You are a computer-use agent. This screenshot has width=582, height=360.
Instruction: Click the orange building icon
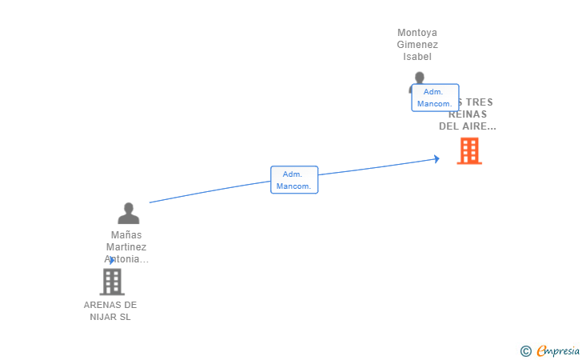pyautogui.click(x=469, y=150)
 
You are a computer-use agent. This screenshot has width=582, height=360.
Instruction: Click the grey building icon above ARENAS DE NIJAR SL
pyautogui.click(x=112, y=282)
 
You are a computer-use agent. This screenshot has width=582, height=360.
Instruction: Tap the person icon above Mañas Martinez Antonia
pyautogui.click(x=128, y=214)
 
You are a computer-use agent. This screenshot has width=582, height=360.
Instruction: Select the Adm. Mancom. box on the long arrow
pyautogui.click(x=294, y=179)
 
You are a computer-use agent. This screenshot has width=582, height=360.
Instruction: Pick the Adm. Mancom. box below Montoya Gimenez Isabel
pyautogui.click(x=435, y=98)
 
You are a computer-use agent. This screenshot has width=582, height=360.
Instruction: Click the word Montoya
pyautogui.click(x=417, y=33)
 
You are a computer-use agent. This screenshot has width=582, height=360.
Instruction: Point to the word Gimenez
pyautogui.click(x=417, y=45)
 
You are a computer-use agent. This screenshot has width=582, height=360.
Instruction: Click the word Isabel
pyautogui.click(x=417, y=57)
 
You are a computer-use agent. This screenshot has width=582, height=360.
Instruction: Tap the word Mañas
pyautogui.click(x=126, y=235)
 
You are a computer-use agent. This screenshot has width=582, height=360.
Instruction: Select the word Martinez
pyautogui.click(x=126, y=247)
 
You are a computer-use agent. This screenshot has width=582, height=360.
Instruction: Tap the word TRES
pyautogui.click(x=478, y=102)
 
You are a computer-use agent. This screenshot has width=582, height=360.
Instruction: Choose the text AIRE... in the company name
pyautogui.click(x=479, y=126)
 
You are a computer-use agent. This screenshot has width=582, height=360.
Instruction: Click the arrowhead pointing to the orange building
pyautogui.click(x=436, y=158)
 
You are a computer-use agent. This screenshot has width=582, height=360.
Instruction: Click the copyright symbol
pyautogui.click(x=525, y=350)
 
